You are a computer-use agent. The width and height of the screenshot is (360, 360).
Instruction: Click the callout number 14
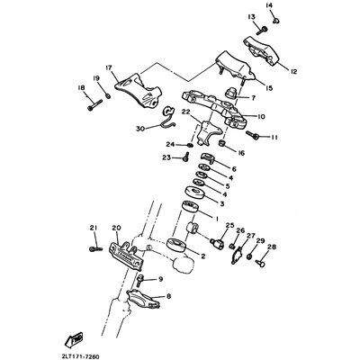269,5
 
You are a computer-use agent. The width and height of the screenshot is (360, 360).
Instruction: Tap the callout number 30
140,129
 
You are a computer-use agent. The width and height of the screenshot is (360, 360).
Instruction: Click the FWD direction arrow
74,338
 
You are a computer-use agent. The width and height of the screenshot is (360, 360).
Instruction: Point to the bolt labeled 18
94,105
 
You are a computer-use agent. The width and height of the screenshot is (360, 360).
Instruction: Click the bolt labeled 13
262,30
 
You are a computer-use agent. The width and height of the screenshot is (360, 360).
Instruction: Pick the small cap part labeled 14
276,21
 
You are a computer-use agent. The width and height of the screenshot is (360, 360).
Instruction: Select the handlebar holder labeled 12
261,50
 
